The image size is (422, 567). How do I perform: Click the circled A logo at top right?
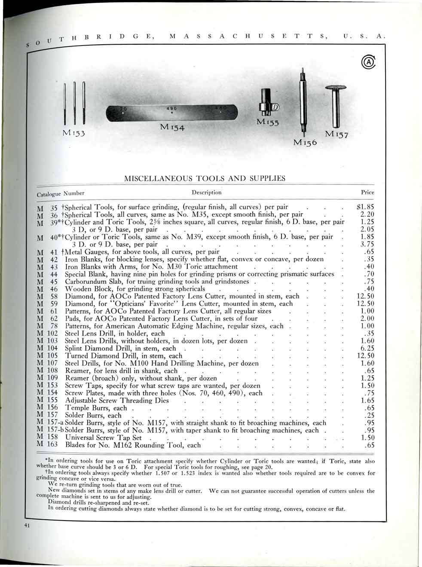coord(369,62)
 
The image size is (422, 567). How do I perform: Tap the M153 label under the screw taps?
coord(74,133)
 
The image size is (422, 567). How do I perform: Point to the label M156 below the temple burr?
coord(305,142)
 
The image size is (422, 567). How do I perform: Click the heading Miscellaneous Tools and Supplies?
coord(205,178)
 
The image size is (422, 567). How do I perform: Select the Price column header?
coord(367,192)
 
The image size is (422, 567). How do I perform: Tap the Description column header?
coord(206,192)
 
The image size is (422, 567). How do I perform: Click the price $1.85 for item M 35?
coord(366,207)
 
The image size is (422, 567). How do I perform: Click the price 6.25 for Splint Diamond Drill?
coord(367,348)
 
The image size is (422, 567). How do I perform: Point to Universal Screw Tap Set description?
coord(103,438)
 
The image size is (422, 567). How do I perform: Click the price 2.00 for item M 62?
coord(367,319)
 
